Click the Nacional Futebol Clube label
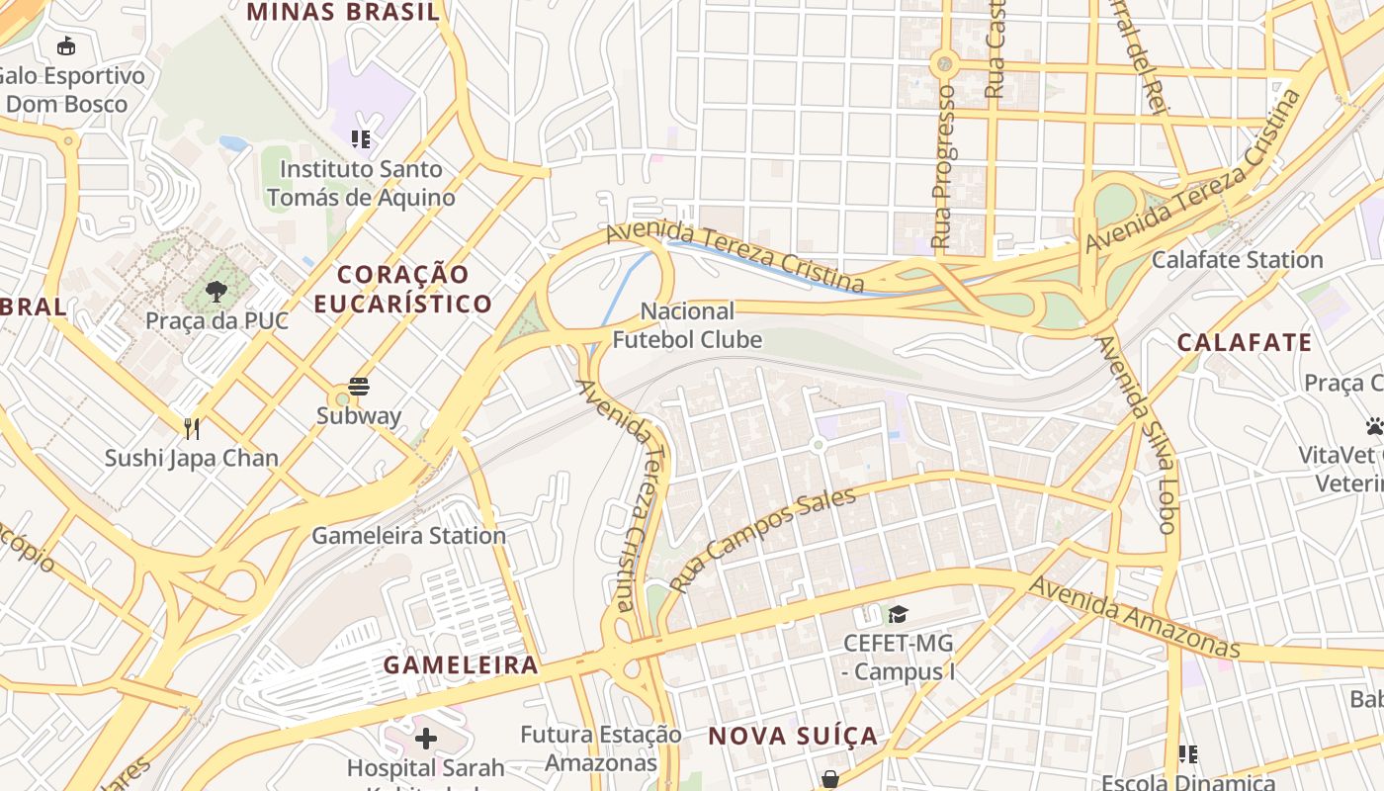(x=687, y=326)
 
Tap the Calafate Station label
(x=1237, y=260)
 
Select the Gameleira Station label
(x=408, y=536)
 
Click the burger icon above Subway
(x=359, y=387)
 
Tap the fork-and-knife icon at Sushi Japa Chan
(x=192, y=428)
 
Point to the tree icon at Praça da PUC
(x=216, y=292)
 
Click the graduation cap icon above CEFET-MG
(x=898, y=615)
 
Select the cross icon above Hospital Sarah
(x=426, y=739)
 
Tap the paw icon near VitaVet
(x=1374, y=426)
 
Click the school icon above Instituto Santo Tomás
(x=361, y=139)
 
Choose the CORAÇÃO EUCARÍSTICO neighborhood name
(x=402, y=289)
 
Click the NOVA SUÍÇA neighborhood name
(x=793, y=736)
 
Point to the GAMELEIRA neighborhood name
(x=461, y=664)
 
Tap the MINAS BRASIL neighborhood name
(x=343, y=12)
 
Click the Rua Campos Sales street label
(x=762, y=539)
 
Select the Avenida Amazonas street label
(x=1134, y=617)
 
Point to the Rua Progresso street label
(x=943, y=166)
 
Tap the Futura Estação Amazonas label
(x=601, y=748)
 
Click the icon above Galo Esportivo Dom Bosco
(x=66, y=45)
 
